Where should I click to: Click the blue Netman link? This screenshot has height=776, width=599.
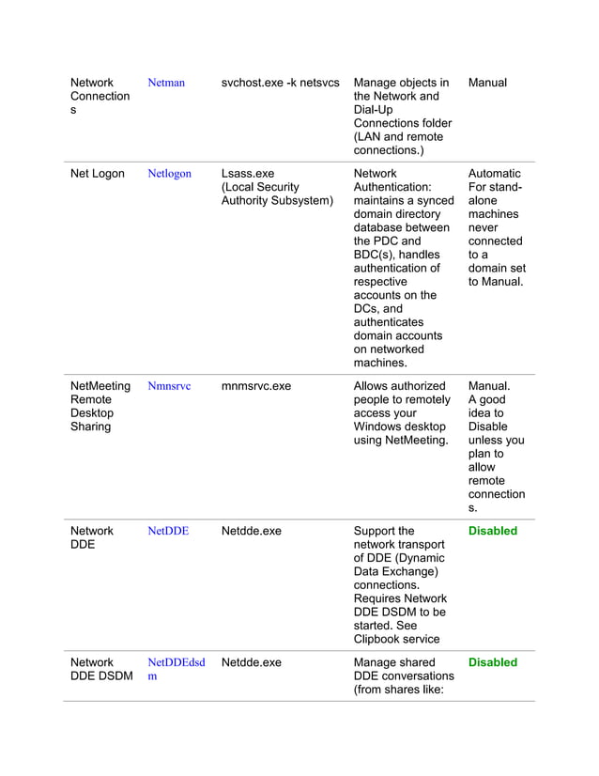166,83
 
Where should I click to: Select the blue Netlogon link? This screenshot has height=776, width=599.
169,174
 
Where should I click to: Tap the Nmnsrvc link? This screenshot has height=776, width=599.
169,386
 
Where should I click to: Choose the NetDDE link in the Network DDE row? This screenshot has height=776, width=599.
168,531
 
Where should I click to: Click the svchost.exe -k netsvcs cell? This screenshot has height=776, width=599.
280,83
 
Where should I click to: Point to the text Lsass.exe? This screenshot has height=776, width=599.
248,174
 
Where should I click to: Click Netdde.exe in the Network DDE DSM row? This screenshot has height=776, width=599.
251,662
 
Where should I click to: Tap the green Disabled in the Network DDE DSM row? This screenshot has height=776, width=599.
492,662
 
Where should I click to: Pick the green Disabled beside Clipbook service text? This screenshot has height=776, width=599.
492,531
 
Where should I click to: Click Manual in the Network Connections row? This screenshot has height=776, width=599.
487,83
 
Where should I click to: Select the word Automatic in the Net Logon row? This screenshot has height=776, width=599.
494,174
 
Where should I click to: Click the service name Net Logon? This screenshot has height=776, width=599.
98,174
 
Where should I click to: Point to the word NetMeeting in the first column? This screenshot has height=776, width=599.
100,386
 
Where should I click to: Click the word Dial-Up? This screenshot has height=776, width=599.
376,110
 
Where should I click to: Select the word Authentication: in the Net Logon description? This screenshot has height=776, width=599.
392,187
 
